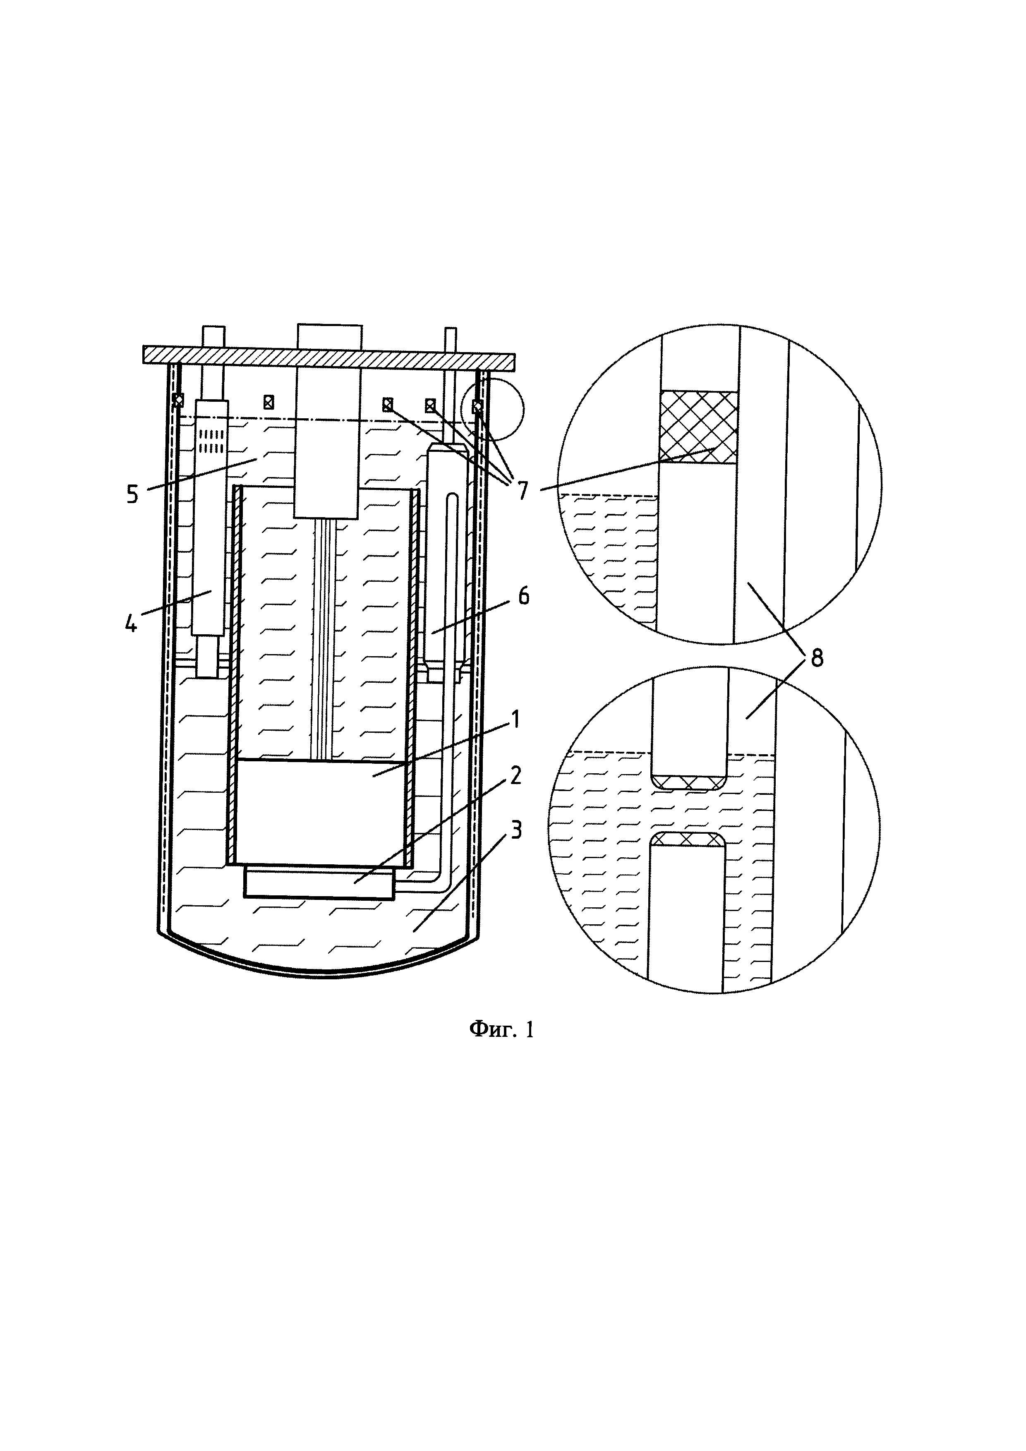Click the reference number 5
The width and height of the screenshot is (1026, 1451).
coord(132,494)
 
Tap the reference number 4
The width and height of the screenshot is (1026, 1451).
coord(131,624)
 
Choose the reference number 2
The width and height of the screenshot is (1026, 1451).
coord(515,775)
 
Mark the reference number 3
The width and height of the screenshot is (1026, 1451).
coord(517,830)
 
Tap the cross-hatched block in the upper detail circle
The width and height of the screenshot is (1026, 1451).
coord(698,427)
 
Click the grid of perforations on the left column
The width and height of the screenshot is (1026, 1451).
coord(211,441)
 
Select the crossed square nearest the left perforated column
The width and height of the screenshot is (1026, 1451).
coord(268,401)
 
